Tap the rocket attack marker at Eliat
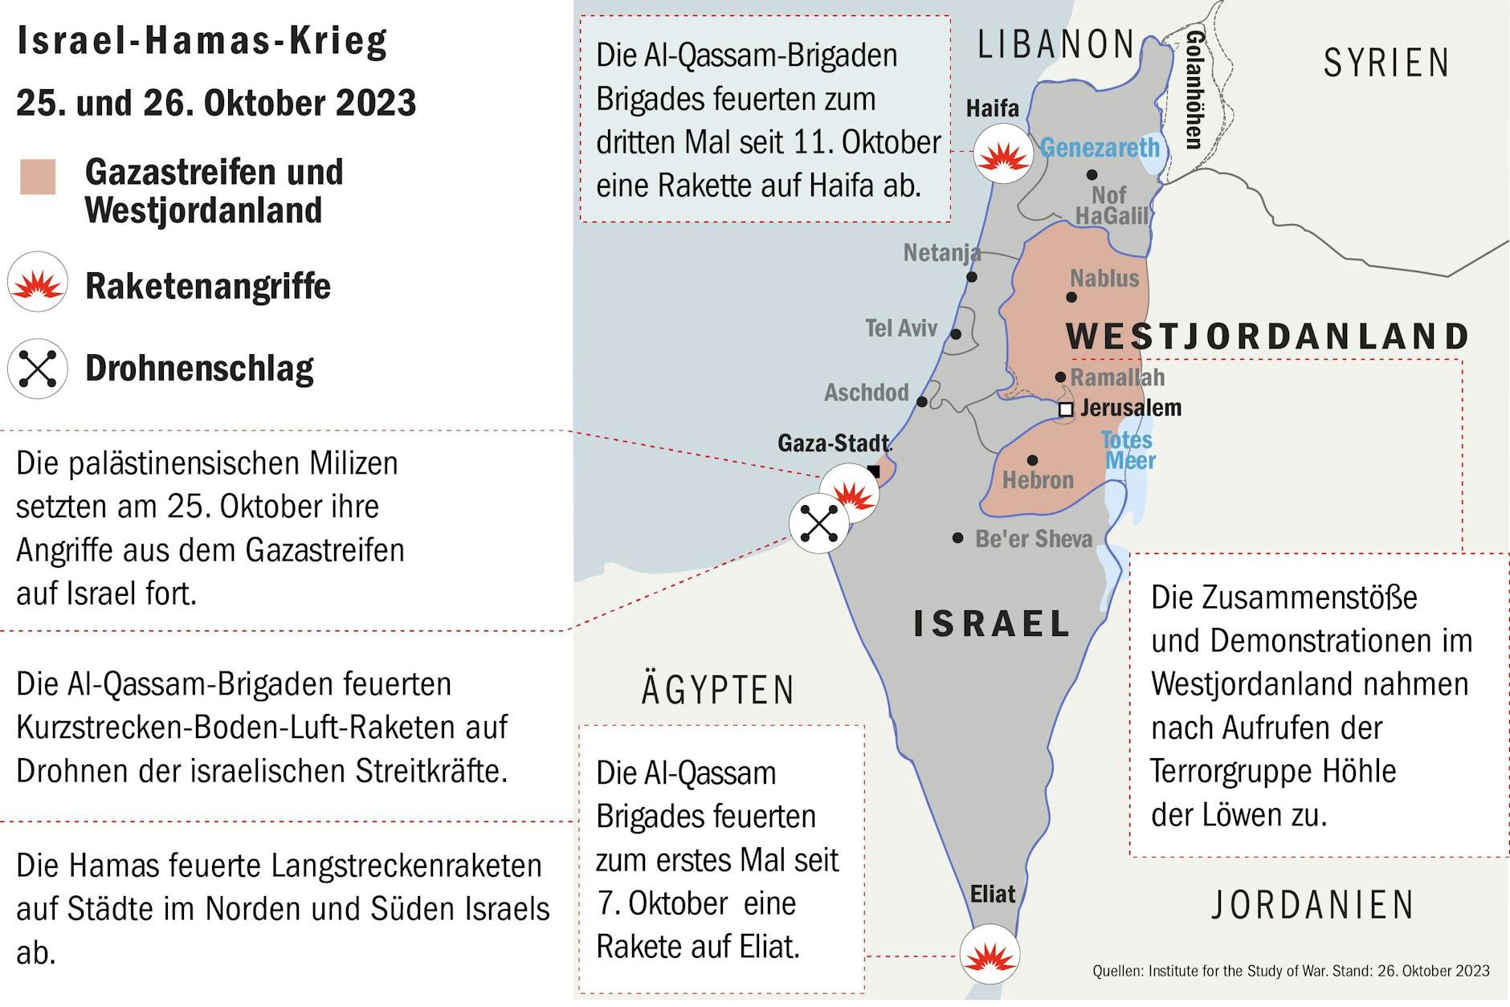(990, 955)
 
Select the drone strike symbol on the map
(818, 524)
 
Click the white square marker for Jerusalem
(1065, 410)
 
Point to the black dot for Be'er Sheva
(957, 537)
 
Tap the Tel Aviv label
(900, 328)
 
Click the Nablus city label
(1104, 279)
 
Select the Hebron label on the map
(1038, 480)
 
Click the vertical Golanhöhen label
(1194, 90)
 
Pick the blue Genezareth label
(1100, 148)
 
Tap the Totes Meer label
(1128, 450)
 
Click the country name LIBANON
(1055, 45)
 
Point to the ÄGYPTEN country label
(717, 690)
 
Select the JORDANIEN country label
(1312, 905)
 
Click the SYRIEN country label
(1386, 63)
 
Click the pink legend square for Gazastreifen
(38, 177)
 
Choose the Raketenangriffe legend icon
(38, 282)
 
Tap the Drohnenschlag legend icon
(38, 369)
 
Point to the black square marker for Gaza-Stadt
(874, 471)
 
